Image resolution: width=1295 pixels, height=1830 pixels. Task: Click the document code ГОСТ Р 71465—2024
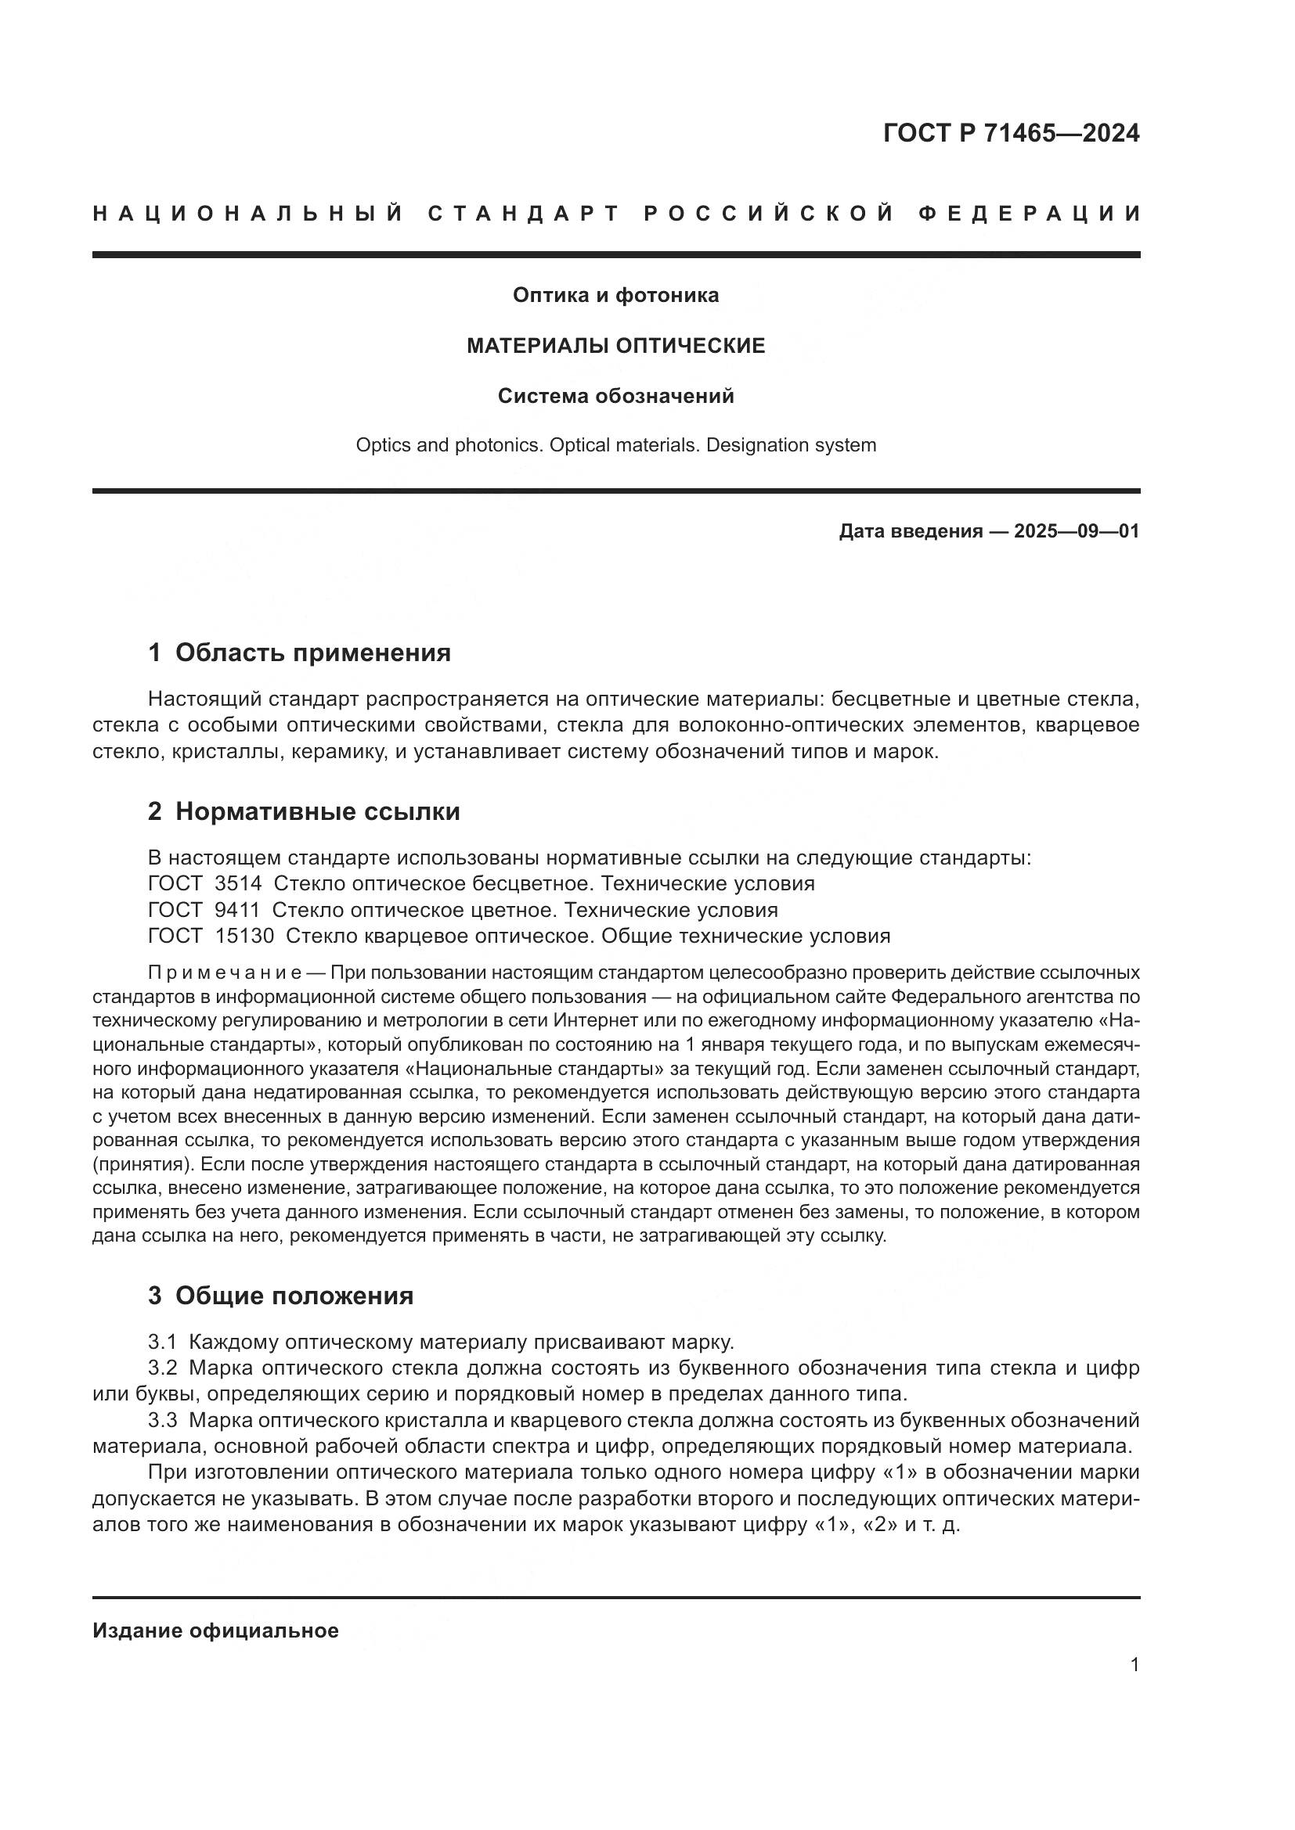click(x=1011, y=133)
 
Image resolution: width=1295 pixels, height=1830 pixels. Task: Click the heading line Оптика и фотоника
click(x=615, y=296)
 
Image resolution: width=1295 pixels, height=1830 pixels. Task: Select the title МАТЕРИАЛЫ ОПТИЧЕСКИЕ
click(x=615, y=346)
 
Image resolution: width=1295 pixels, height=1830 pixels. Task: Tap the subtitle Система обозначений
click(x=615, y=396)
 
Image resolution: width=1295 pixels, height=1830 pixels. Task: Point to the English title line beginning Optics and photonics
click(x=615, y=445)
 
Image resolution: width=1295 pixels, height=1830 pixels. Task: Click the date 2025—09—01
click(x=1077, y=531)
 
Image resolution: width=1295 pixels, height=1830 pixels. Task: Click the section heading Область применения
click(x=312, y=653)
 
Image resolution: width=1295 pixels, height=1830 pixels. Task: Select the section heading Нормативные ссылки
click(x=317, y=812)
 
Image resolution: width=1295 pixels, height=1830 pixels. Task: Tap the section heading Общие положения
click(x=294, y=1296)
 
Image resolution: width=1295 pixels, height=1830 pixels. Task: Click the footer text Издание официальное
click(x=215, y=1630)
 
